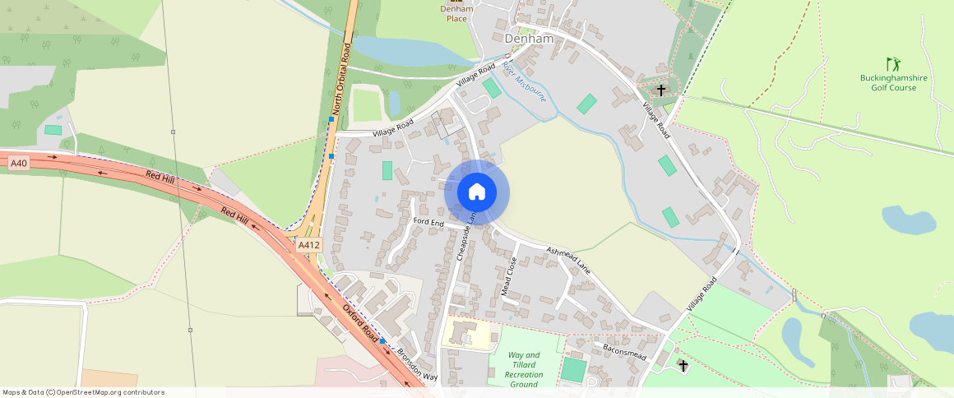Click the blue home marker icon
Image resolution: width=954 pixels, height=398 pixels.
pos(477,192)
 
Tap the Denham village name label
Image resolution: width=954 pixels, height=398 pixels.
pos(529,39)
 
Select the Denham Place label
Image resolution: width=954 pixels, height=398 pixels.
pos(456,13)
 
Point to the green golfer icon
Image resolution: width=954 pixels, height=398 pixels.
pos(892,63)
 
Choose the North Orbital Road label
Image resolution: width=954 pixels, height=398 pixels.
pos(342,81)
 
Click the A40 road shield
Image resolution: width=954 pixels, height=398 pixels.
pos(19,164)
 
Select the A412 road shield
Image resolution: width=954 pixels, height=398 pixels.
pos(309,245)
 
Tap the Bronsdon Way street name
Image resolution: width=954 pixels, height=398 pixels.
pos(418,363)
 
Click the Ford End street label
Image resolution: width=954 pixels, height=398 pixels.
pos(428,223)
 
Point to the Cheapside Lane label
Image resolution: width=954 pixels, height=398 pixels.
pos(466,234)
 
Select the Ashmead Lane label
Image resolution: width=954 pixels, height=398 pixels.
pos(568,259)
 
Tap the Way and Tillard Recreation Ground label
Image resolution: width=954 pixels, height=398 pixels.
pos(524,370)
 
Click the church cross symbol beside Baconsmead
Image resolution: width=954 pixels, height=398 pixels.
pos(682,363)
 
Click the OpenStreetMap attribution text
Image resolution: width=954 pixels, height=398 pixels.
pos(83,392)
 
